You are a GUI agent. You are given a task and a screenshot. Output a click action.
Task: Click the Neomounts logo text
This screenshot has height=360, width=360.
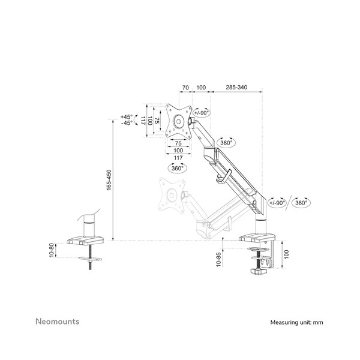tap(58, 322)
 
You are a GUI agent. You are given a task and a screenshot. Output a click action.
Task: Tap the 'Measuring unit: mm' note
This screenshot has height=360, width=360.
tap(296, 322)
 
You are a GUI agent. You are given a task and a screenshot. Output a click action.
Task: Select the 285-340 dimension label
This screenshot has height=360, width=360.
tap(236, 88)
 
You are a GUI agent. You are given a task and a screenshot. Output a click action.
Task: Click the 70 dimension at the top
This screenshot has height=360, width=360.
tap(185, 88)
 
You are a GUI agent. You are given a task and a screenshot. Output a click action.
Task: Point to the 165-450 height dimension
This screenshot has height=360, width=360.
tap(109, 180)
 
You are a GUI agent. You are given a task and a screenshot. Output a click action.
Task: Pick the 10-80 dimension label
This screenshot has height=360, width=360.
tap(52, 250)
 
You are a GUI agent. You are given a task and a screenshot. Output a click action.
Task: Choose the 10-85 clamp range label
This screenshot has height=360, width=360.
tap(218, 259)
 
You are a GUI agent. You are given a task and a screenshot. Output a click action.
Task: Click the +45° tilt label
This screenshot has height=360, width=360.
tap(127, 117)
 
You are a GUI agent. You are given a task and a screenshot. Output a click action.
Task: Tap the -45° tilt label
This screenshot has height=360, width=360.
tap(127, 123)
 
